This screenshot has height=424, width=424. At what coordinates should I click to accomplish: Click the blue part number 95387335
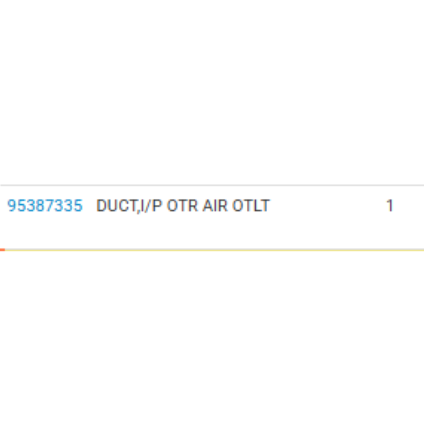pyautogui.click(x=45, y=206)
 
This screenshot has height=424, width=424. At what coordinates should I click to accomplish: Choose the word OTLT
pyautogui.click(x=251, y=206)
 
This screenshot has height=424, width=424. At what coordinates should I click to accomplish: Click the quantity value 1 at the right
pyautogui.click(x=390, y=206)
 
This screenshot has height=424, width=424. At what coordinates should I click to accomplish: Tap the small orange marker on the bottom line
pyautogui.click(x=2, y=250)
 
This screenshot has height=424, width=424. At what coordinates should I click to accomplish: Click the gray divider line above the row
pyautogui.click(x=212, y=185)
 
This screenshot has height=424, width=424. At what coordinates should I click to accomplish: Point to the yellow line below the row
pyautogui.click(x=214, y=250)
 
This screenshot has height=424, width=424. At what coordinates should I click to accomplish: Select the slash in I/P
pyautogui.click(x=148, y=206)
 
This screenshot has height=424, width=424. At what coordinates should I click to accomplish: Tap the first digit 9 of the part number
pyautogui.click(x=12, y=206)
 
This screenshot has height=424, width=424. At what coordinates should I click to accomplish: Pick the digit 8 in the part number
pyautogui.click(x=40, y=206)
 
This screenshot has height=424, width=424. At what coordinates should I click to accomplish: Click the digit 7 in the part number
pyautogui.click(x=50, y=206)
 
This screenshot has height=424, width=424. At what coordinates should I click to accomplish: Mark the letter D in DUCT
pyautogui.click(x=101, y=206)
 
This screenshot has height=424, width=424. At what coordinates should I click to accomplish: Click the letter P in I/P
pyautogui.click(x=157, y=206)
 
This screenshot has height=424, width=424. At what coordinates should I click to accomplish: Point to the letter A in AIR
pyautogui.click(x=208, y=206)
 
